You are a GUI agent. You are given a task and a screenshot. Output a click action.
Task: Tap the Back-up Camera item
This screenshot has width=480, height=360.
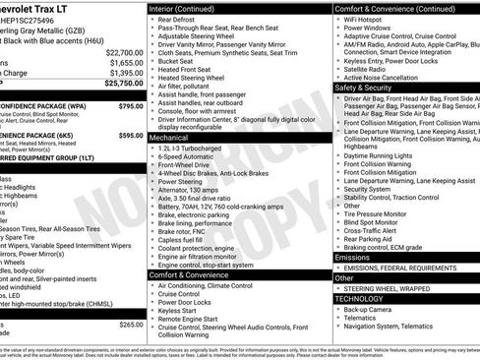point(372,309)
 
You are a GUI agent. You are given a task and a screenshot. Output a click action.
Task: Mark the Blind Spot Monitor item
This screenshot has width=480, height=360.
point(379,218)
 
